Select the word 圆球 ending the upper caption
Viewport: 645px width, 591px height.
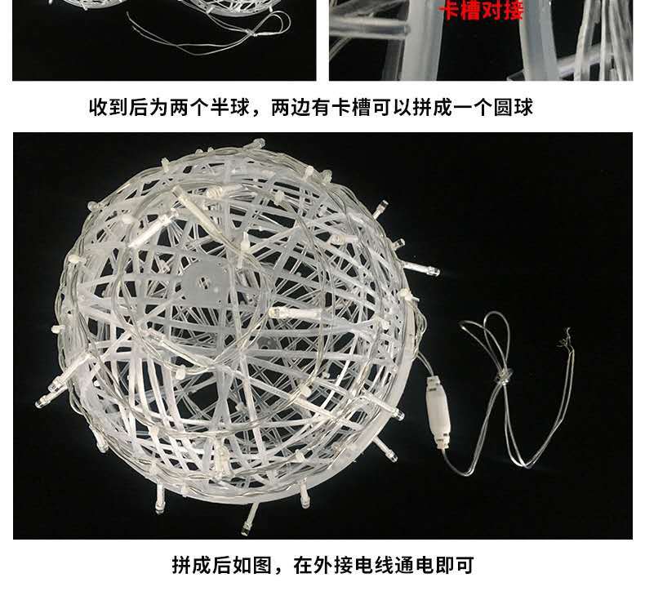coord(514,107)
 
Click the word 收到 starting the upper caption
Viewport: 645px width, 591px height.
coord(108,107)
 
